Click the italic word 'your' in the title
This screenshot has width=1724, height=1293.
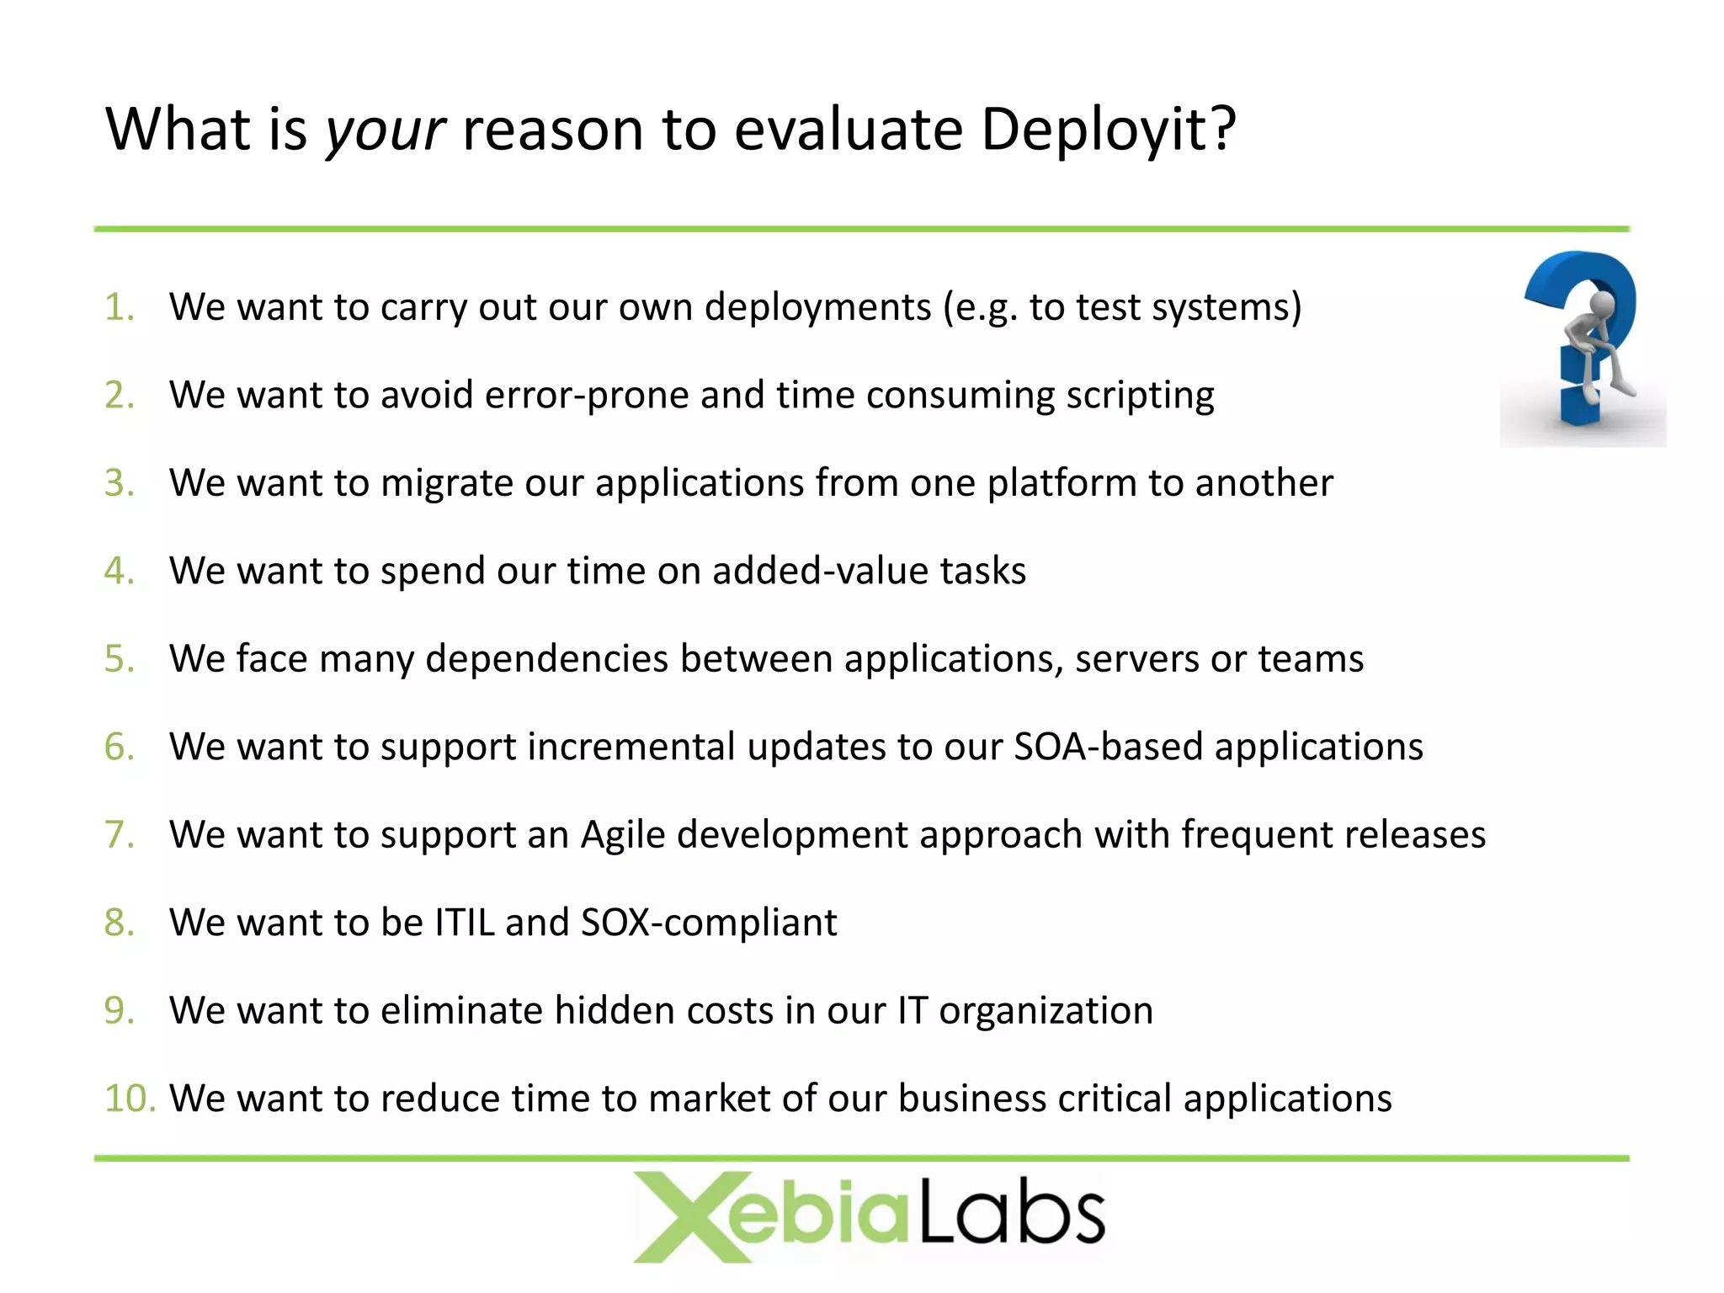coord(386,132)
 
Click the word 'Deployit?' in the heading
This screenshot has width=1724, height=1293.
coord(1108,130)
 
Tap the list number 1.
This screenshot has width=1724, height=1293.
coord(119,307)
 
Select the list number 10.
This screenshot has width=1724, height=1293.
coord(129,1099)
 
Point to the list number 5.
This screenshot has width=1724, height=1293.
coord(119,659)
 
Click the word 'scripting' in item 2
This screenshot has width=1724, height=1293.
coord(1140,396)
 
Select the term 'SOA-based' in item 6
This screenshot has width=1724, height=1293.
coord(1108,747)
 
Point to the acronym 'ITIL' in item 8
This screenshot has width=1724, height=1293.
coord(464,923)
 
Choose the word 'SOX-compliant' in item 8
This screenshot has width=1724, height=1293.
coord(709,923)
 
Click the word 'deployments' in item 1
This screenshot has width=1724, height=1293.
coord(817,307)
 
